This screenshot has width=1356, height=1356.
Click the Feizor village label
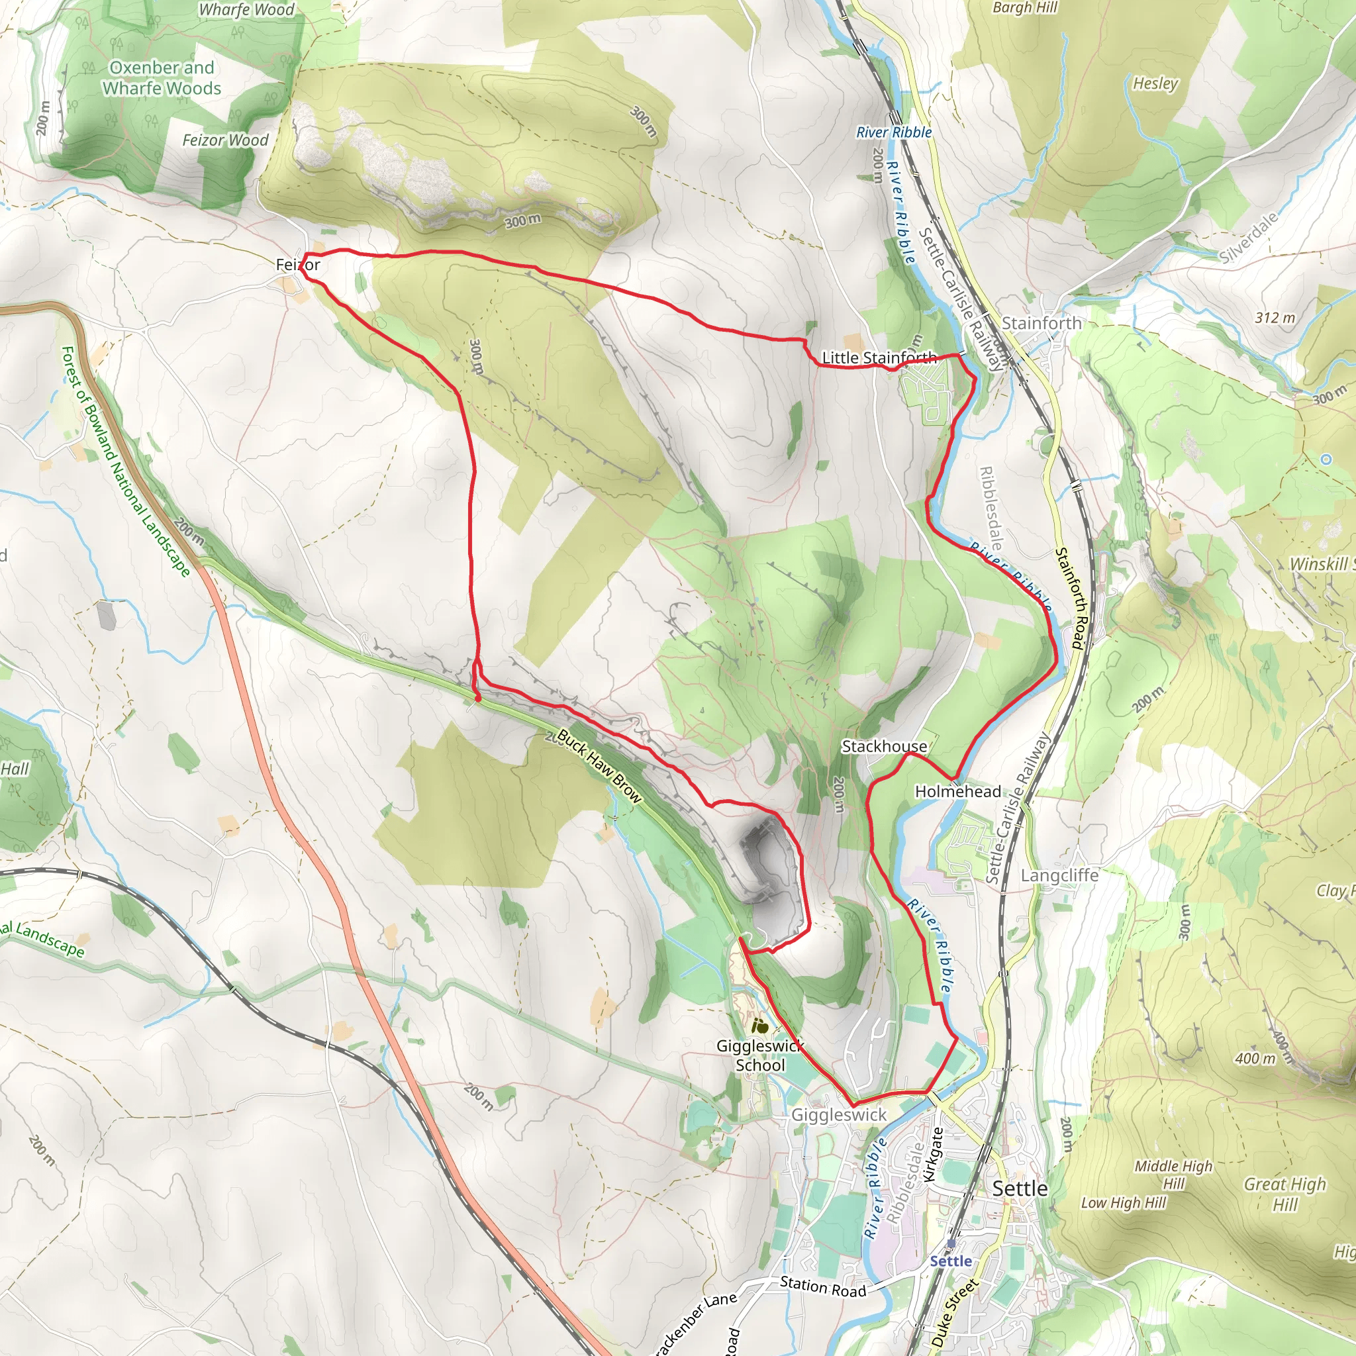pos(297,265)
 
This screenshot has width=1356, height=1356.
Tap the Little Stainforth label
pos(879,358)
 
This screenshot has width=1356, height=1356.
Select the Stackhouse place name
pos(884,746)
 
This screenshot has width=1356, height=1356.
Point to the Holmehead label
pos(957,792)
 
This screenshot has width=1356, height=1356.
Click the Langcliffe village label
pos(1059,875)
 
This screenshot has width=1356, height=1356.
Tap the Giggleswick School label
pos(759,1055)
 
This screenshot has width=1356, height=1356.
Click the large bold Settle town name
pos(1019,1188)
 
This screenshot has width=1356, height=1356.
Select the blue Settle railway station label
pos(950,1261)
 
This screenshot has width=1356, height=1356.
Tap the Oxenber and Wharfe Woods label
pos(162,78)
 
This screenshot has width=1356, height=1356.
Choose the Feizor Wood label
pos(225,140)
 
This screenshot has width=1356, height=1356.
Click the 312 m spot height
pos(1275,318)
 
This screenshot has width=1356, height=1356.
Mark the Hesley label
pos(1155,83)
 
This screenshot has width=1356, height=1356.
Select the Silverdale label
pos(1248,237)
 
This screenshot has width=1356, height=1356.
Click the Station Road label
pos(822,1287)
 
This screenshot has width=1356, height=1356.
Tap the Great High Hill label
pos(1284,1194)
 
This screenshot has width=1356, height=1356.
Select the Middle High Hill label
pos(1173,1174)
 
